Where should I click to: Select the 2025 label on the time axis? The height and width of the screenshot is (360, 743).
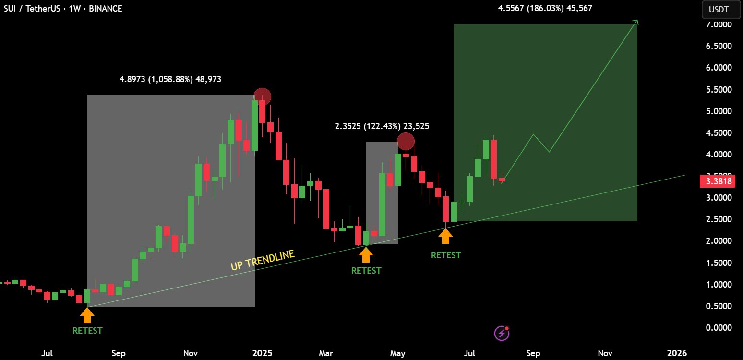(263, 354)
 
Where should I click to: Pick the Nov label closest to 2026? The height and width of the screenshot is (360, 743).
(605, 354)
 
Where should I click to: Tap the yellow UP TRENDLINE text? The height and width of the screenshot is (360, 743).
(262, 260)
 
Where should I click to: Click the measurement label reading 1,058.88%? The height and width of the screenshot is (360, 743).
(170, 79)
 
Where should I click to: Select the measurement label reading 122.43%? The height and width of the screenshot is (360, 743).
(382, 126)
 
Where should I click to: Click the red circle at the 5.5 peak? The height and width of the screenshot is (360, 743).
(262, 97)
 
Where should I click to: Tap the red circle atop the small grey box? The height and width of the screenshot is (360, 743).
(406, 142)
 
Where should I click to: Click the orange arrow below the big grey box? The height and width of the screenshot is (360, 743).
(87, 315)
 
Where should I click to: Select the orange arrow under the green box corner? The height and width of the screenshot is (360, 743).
(445, 236)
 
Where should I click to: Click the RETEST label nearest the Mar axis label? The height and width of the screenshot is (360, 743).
(366, 271)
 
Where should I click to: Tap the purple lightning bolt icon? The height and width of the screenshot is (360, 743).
(501, 333)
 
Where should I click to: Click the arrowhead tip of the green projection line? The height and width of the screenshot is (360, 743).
(637, 20)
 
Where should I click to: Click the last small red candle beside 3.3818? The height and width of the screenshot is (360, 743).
(502, 180)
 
